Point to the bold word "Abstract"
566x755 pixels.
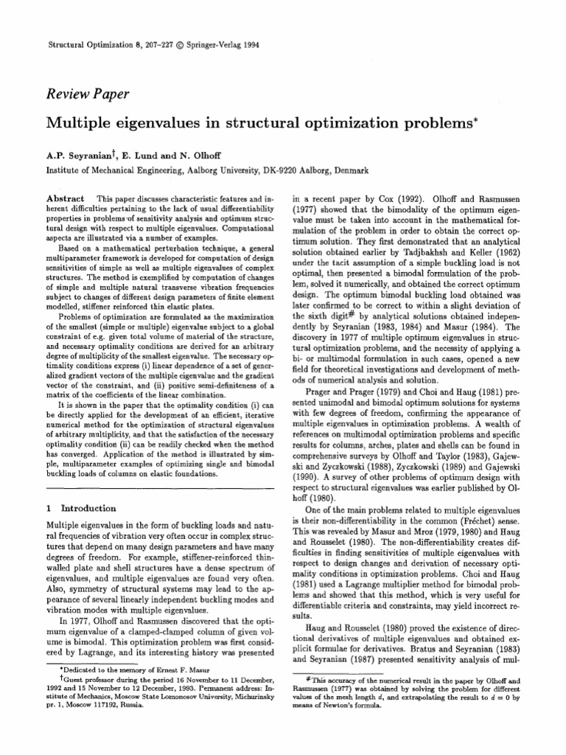(x=65, y=199)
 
